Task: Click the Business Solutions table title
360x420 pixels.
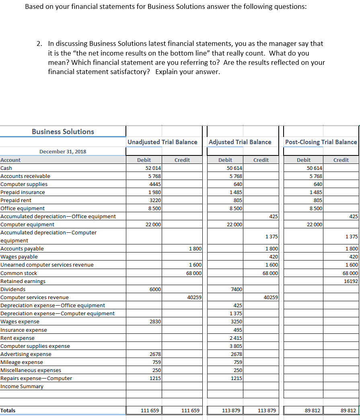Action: [x=63, y=132]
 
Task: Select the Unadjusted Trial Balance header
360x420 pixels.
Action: [x=162, y=142]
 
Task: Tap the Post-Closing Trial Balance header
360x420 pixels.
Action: [x=321, y=142]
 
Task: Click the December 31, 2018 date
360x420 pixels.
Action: [x=62, y=151]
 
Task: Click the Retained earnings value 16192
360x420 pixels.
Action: [x=351, y=281]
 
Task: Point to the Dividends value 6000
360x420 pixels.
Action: [x=155, y=289]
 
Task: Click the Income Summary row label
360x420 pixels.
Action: [x=22, y=386]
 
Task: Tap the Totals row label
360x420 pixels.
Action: [x=8, y=410]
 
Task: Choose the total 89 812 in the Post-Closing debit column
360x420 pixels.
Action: [x=313, y=411]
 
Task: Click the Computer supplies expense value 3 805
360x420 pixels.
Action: [x=235, y=346]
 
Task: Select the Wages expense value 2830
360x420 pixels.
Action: [x=155, y=321]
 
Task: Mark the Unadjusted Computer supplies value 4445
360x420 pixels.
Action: [x=155, y=184]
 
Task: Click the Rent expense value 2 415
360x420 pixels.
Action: [x=235, y=338]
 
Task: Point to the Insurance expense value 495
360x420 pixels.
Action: [x=237, y=330]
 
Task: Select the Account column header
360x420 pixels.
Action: [x=10, y=160]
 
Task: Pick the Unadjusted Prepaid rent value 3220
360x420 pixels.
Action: [x=155, y=200]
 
